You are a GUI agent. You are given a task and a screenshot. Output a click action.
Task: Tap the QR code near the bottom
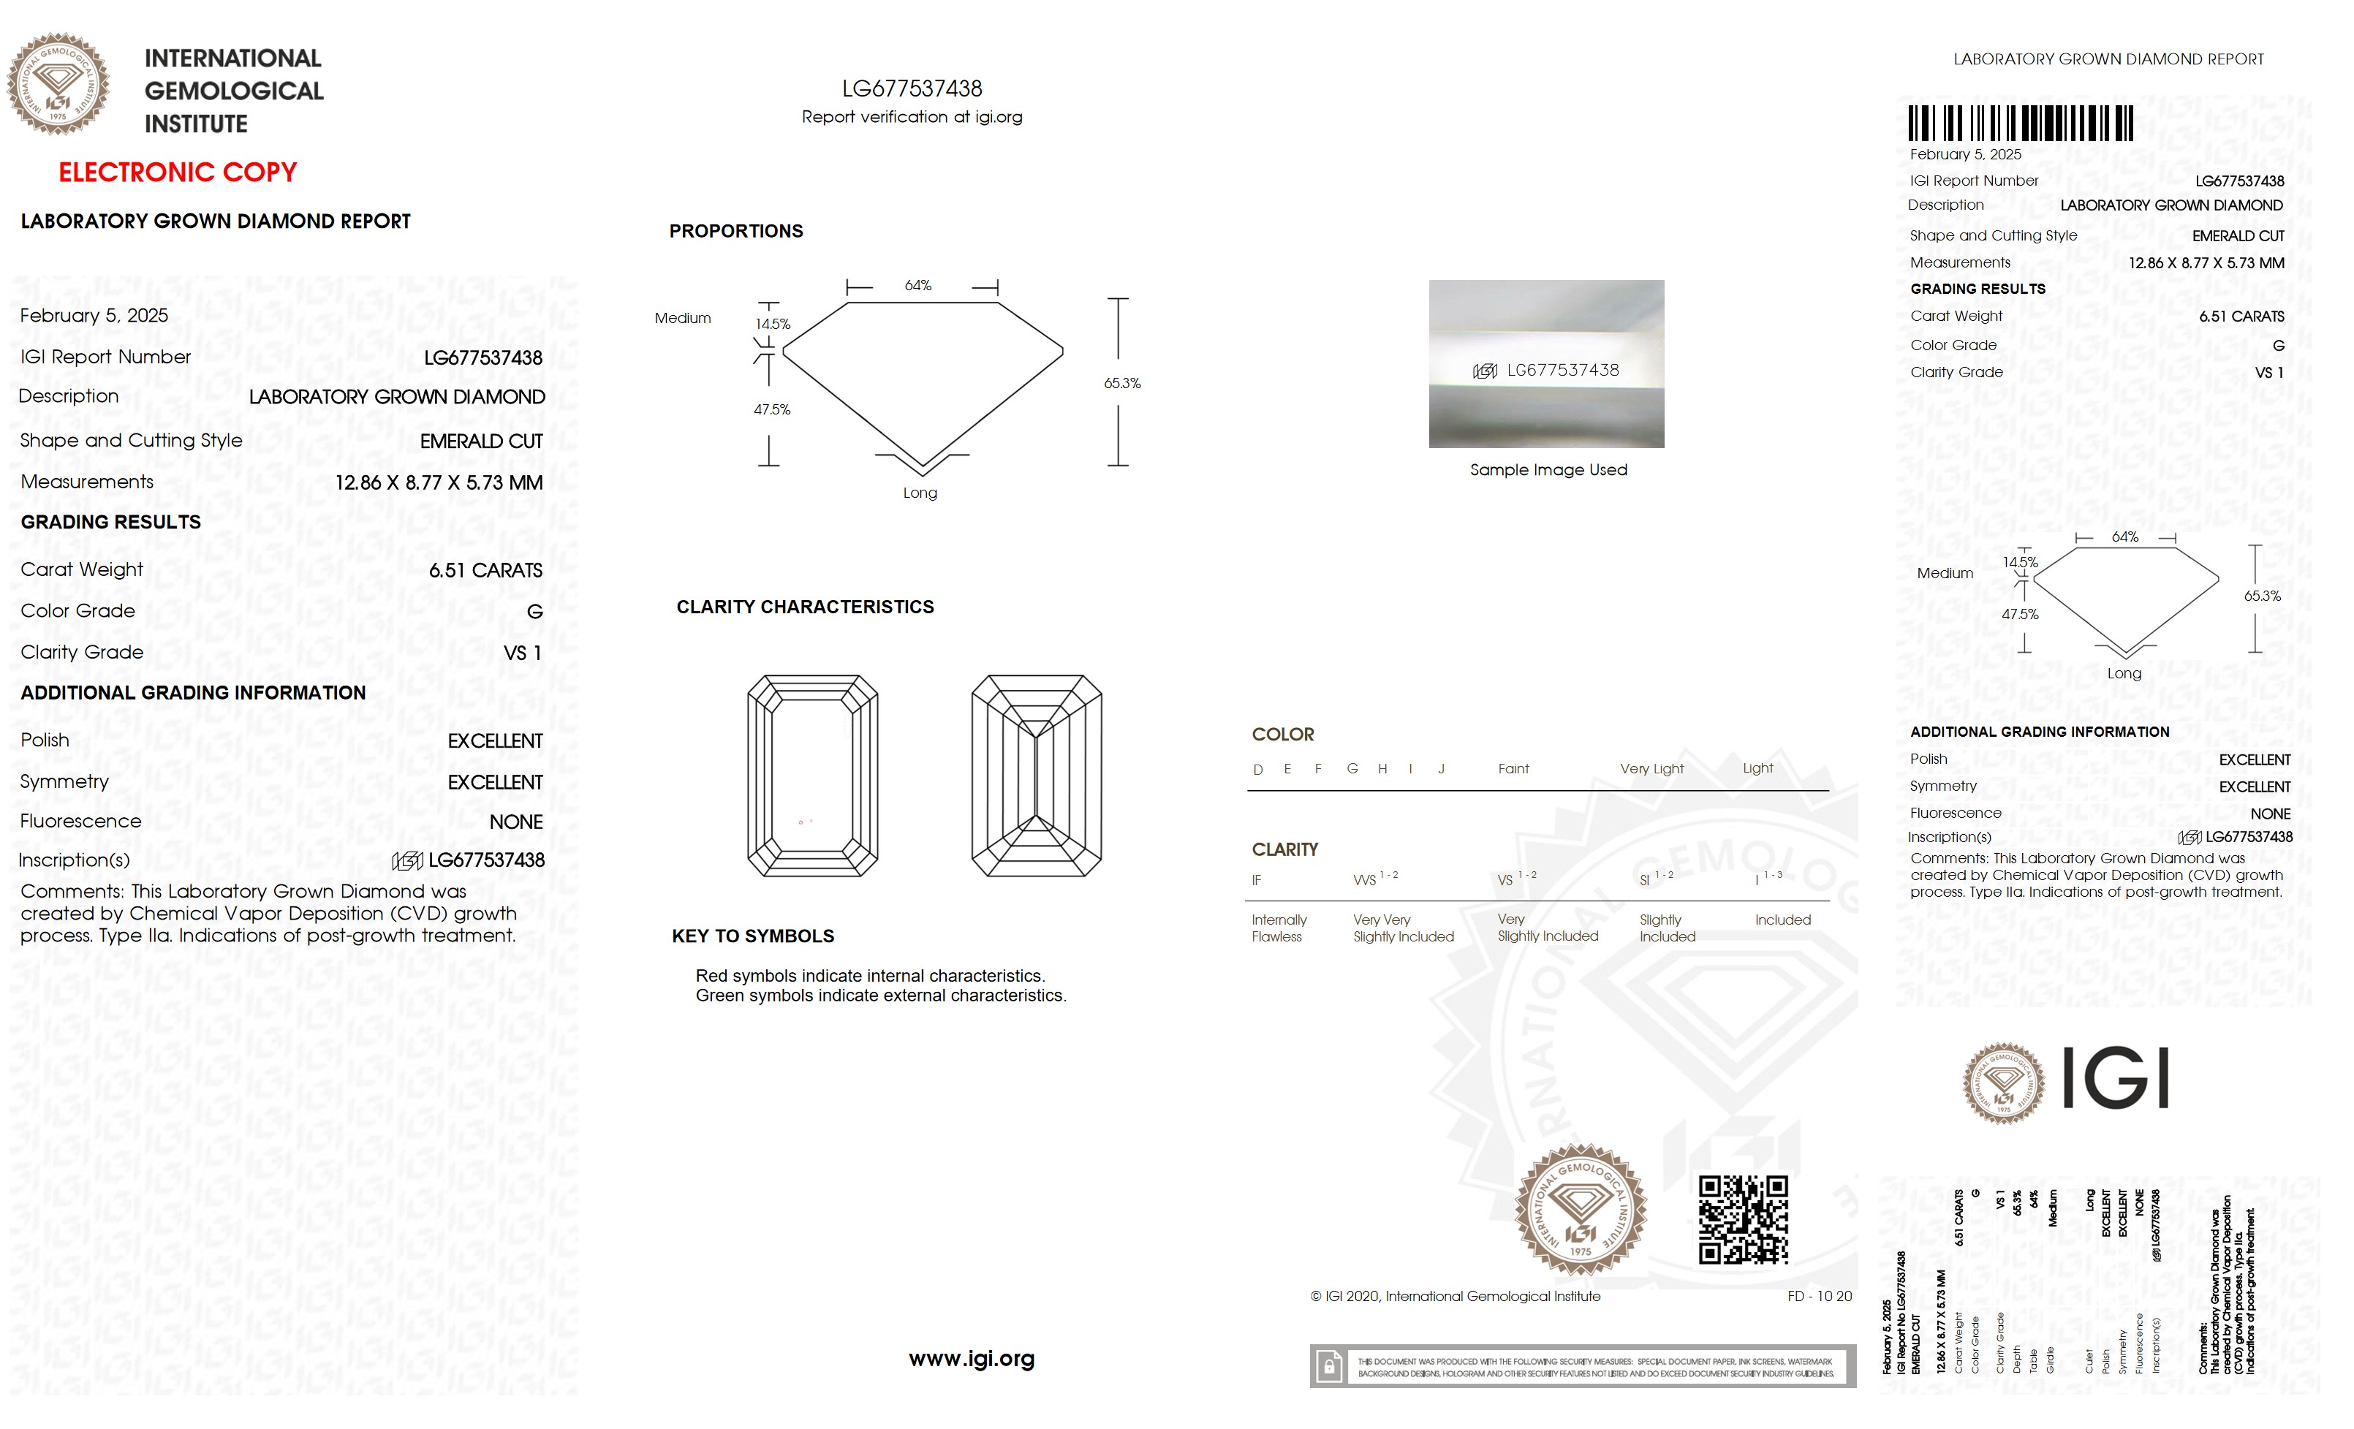(x=1743, y=1220)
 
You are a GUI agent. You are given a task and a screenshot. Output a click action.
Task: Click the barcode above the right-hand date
(x=2020, y=124)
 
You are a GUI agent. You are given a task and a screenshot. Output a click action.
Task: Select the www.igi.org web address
(x=971, y=1358)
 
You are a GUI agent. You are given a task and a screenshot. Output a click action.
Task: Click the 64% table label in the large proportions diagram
(x=917, y=286)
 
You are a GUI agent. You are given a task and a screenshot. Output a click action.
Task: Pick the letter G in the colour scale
(x=1352, y=769)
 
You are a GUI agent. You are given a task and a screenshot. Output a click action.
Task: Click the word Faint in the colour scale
(x=1513, y=769)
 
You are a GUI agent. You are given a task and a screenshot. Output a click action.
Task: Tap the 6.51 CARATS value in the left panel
(x=485, y=570)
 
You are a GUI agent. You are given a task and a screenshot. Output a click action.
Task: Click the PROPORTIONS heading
(x=735, y=231)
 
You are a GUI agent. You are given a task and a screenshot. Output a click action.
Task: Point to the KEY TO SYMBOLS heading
(x=753, y=936)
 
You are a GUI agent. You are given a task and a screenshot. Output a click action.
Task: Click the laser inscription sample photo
(x=1545, y=364)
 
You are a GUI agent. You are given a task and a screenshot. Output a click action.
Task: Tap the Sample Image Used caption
(x=1548, y=470)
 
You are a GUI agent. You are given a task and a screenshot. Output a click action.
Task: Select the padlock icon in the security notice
(x=1328, y=1367)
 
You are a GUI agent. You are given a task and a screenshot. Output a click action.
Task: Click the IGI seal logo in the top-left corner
(x=58, y=84)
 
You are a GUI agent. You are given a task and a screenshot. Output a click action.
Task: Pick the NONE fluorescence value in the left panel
(x=516, y=822)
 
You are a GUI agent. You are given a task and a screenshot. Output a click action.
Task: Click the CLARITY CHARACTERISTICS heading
(x=804, y=607)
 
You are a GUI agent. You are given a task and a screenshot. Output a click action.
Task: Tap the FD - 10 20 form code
(x=1819, y=1296)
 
